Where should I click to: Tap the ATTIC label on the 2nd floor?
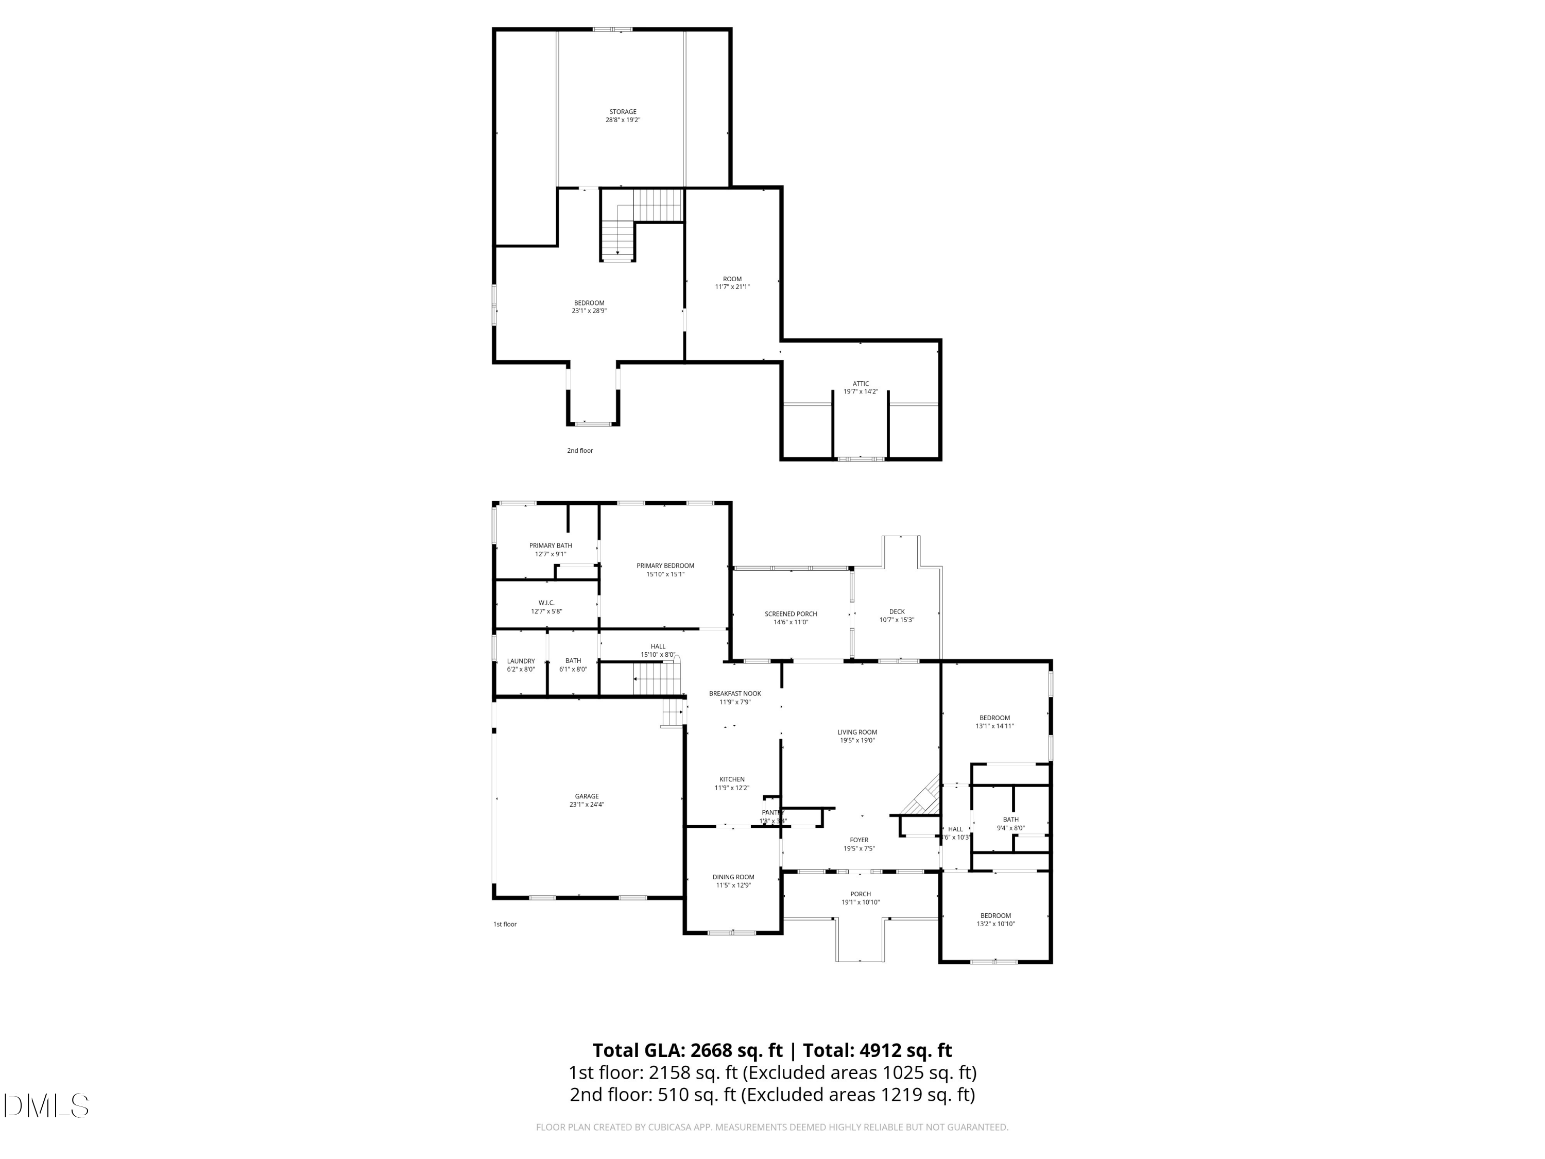point(861,384)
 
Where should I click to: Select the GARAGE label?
point(587,796)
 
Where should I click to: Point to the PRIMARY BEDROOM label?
point(665,566)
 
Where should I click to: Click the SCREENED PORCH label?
point(791,614)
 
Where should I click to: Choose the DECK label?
point(897,612)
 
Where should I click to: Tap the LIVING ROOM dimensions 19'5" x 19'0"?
point(857,741)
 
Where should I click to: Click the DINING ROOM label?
point(733,877)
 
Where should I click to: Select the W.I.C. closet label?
point(546,603)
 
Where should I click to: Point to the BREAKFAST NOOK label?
point(735,694)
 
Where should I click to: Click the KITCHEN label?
point(732,780)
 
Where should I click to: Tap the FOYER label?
point(859,841)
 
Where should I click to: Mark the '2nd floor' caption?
point(580,451)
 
